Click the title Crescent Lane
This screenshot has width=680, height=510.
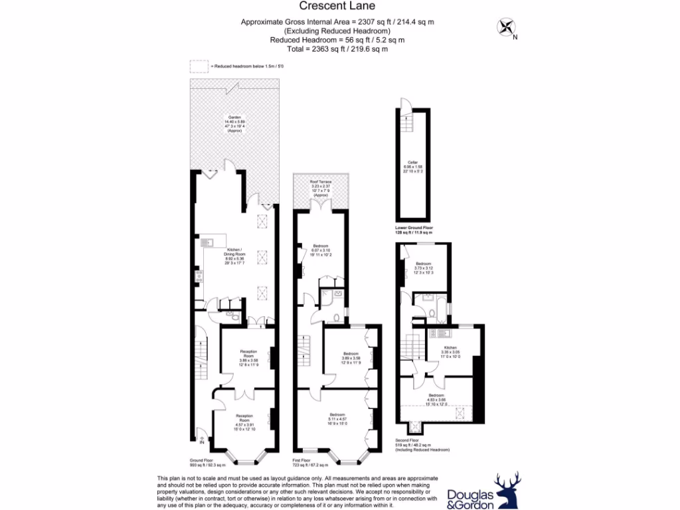click(339, 7)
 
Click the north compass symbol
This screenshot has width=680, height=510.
click(507, 28)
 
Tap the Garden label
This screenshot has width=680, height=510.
click(234, 124)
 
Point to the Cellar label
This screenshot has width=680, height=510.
click(412, 166)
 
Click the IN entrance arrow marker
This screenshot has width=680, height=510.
click(201, 437)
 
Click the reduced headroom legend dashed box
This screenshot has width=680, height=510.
click(199, 66)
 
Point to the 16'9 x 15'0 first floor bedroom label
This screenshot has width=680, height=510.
click(338, 420)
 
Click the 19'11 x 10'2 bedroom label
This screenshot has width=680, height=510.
click(321, 250)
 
